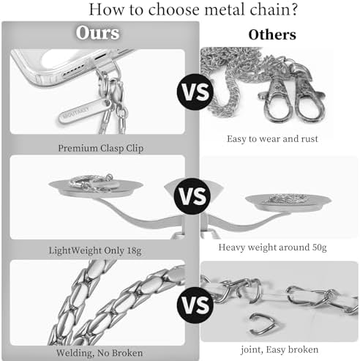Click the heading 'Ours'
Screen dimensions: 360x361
(x=97, y=33)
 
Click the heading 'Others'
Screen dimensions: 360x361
(x=272, y=34)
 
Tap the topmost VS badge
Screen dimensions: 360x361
(x=195, y=92)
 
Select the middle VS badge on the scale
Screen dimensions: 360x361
(x=193, y=196)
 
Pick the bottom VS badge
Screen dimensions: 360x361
(x=195, y=305)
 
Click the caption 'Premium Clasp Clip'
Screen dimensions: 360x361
(x=101, y=149)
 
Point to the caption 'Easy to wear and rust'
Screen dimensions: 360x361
(x=272, y=139)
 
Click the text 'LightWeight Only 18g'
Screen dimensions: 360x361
(x=95, y=250)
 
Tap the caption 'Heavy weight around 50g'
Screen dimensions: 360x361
(x=272, y=248)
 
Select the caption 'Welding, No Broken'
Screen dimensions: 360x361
(x=100, y=353)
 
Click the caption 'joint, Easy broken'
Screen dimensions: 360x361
(x=280, y=349)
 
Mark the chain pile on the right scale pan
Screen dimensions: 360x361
(x=288, y=198)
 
